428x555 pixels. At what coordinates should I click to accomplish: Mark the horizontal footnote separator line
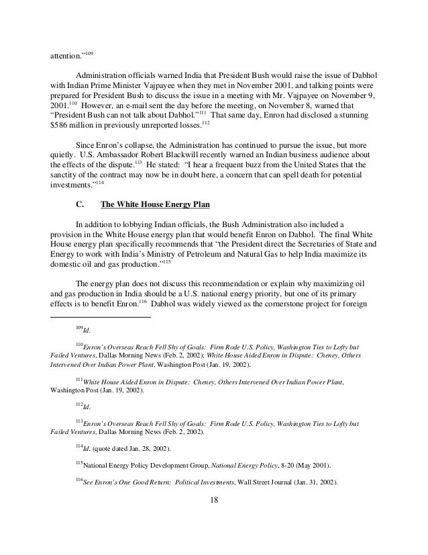(101, 316)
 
